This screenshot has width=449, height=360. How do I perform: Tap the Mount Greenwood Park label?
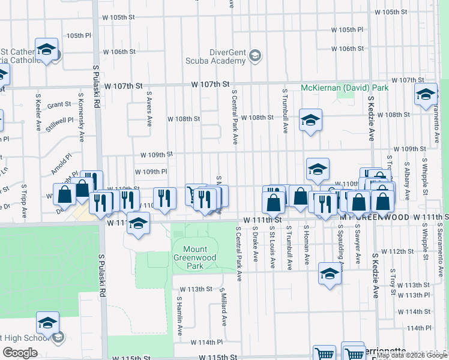tap(195, 257)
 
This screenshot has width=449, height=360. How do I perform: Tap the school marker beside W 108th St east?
tap(310, 120)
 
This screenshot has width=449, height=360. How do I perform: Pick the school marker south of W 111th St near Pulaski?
tap(139, 224)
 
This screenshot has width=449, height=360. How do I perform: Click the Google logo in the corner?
tap(20, 352)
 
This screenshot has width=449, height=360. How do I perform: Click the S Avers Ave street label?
tap(149, 109)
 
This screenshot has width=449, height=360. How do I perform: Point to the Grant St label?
tap(59, 104)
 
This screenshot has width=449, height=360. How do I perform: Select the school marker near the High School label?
tap(47, 323)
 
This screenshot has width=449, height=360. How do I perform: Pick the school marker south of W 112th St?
tap(330, 274)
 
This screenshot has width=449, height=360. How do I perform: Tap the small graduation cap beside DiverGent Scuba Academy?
tap(255, 56)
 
